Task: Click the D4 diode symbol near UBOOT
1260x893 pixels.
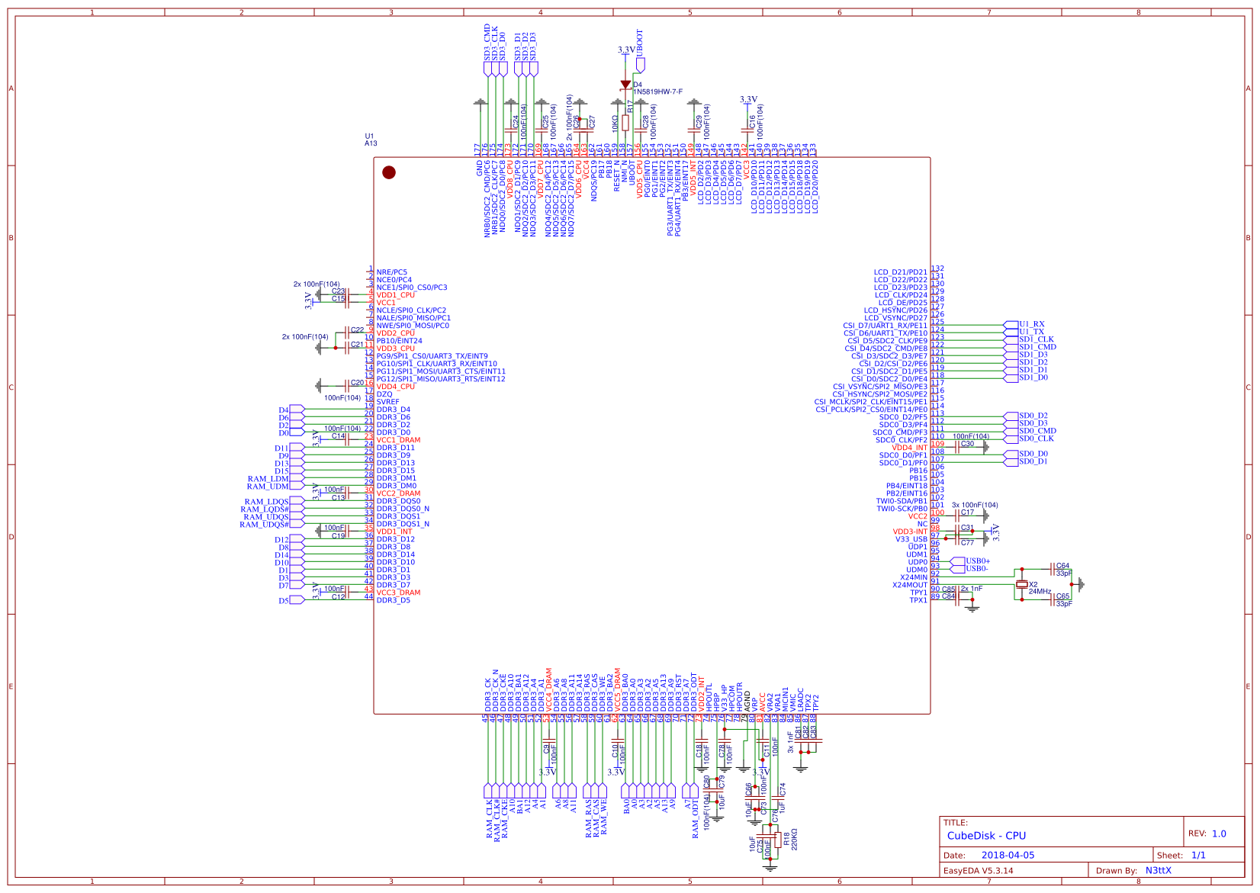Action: tap(625, 85)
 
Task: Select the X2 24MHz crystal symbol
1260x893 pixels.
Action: tap(1022, 584)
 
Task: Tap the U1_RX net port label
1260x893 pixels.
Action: tap(1031, 324)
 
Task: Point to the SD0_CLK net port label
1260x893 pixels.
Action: tap(1036, 438)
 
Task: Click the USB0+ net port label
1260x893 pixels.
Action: tap(977, 561)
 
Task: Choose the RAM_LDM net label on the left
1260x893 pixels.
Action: tap(268, 479)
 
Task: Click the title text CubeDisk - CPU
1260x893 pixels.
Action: tap(986, 836)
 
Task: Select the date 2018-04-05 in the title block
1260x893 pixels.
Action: tap(1008, 856)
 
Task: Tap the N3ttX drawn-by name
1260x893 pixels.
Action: tap(1158, 870)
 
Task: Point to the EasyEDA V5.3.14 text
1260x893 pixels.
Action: tap(979, 870)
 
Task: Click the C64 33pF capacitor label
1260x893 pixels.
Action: tap(1062, 567)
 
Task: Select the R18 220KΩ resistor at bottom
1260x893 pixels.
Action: tap(777, 840)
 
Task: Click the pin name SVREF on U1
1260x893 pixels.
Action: tap(387, 402)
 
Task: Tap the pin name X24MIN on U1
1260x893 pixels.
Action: tap(913, 577)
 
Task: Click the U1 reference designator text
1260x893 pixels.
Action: tap(369, 137)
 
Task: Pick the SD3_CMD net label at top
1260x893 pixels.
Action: tap(487, 43)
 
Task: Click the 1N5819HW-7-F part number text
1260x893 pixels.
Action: tap(657, 92)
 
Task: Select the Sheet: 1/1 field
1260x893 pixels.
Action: tap(1181, 856)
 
